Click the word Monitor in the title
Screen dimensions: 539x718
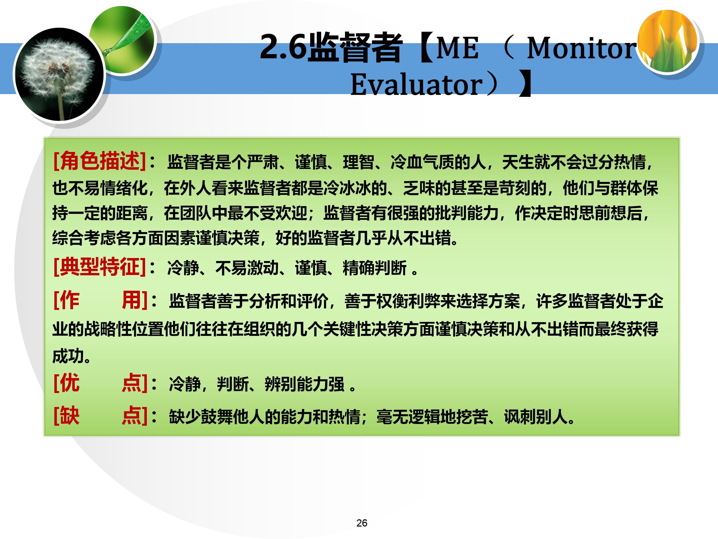coord(581,48)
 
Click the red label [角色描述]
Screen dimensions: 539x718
coord(99,161)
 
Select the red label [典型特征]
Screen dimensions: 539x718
coord(99,267)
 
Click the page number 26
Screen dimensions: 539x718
coord(361,523)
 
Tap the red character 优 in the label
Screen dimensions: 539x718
coord(70,383)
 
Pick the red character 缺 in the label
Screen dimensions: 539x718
coord(70,416)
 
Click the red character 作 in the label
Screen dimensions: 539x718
coord(70,300)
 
